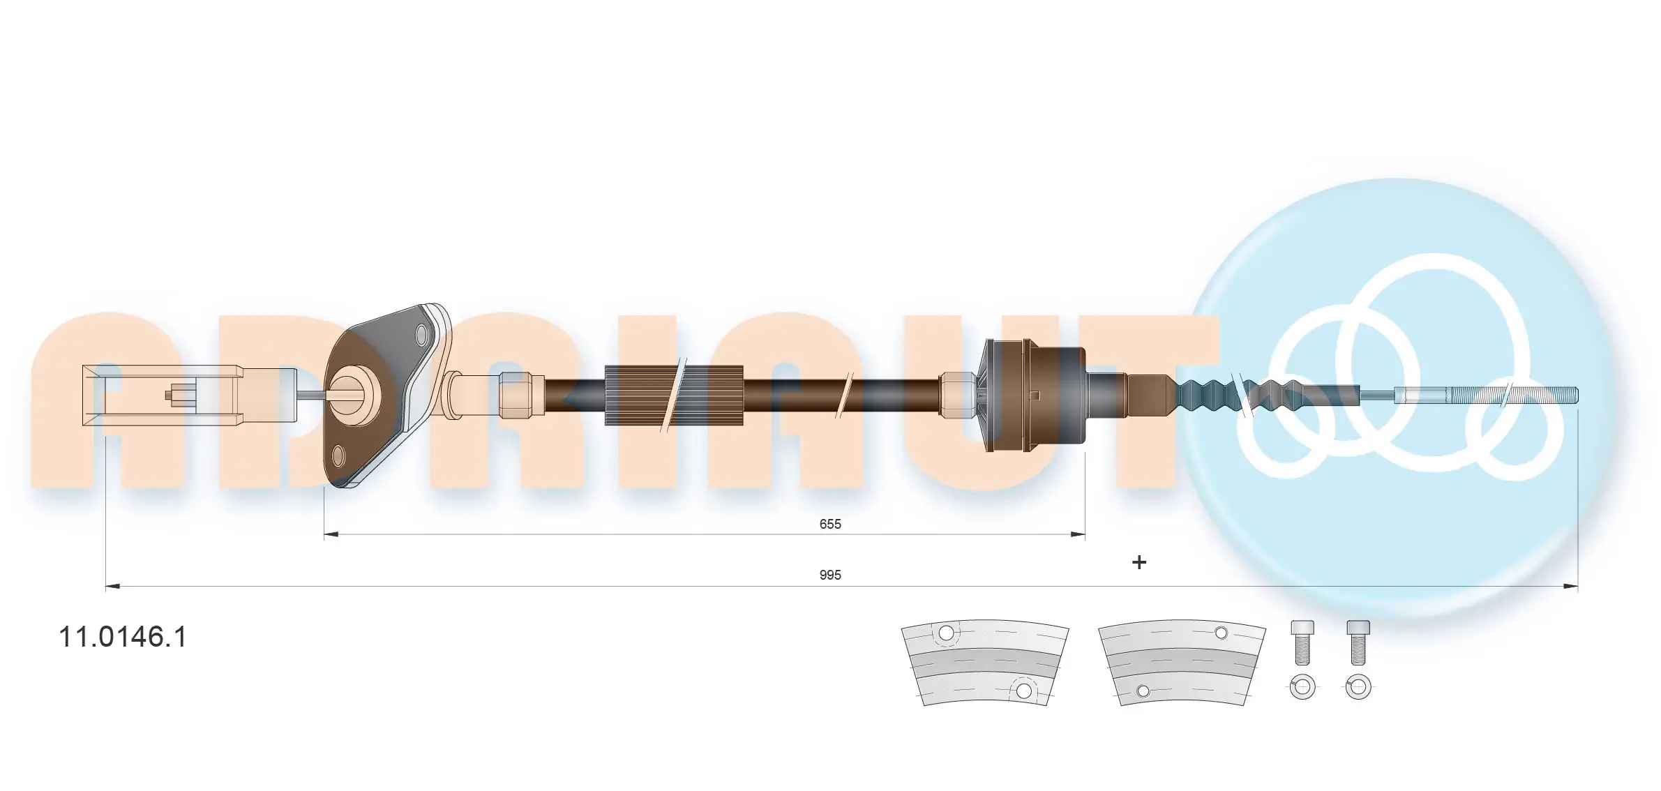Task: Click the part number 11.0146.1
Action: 123,637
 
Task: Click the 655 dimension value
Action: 830,524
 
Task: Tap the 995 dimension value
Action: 830,575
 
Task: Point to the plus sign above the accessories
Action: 1138,562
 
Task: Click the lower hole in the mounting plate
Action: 339,456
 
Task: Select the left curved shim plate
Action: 984,663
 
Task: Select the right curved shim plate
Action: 1182,663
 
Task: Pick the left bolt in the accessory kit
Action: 1302,642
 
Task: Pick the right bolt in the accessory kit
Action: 1358,642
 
